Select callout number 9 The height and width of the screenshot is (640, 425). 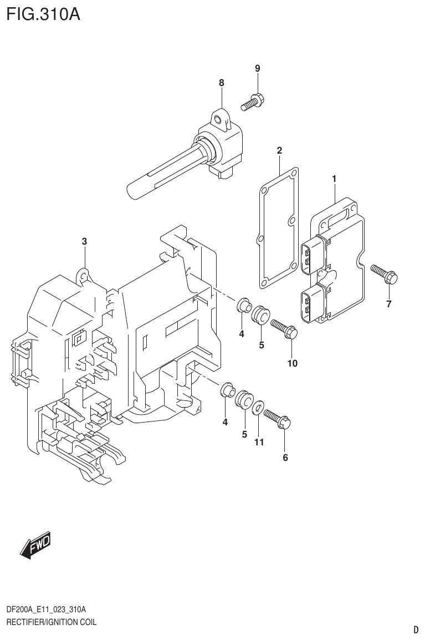click(257, 68)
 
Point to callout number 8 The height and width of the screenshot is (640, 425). click(222, 83)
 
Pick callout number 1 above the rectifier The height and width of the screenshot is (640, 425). click(335, 179)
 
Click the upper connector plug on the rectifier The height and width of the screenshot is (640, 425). click(312, 256)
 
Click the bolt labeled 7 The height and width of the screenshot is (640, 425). click(383, 274)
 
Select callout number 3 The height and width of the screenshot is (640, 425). click(84, 241)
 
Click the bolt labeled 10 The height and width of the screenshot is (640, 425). click(285, 330)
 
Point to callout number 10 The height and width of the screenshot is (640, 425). click(292, 364)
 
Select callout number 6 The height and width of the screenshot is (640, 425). click(285, 458)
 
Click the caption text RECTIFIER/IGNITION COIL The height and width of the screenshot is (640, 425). click(51, 622)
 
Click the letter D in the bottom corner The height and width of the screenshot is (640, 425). click(416, 629)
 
